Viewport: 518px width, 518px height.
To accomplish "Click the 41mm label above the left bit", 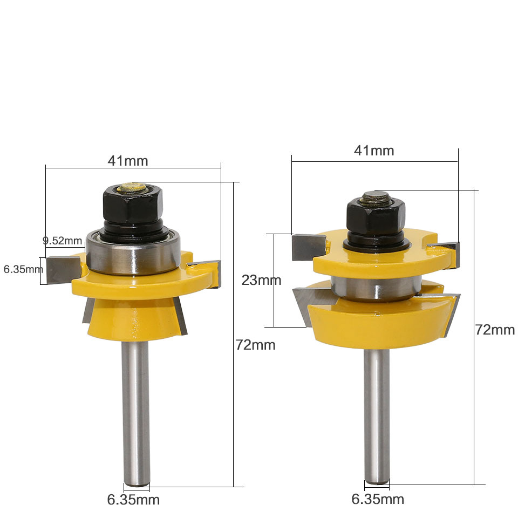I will (x=128, y=160).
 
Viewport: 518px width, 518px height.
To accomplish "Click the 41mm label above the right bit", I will (x=374, y=151).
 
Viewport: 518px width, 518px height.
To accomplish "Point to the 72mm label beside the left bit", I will (x=255, y=345).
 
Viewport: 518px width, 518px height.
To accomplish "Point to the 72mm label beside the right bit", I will (x=495, y=330).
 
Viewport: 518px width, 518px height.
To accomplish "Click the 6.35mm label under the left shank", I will (x=133, y=500).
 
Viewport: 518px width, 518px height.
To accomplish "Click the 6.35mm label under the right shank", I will (x=378, y=499).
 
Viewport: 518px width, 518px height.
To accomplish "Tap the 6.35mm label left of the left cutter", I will (x=22, y=269).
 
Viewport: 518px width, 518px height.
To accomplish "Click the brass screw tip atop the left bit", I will (x=132, y=188).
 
